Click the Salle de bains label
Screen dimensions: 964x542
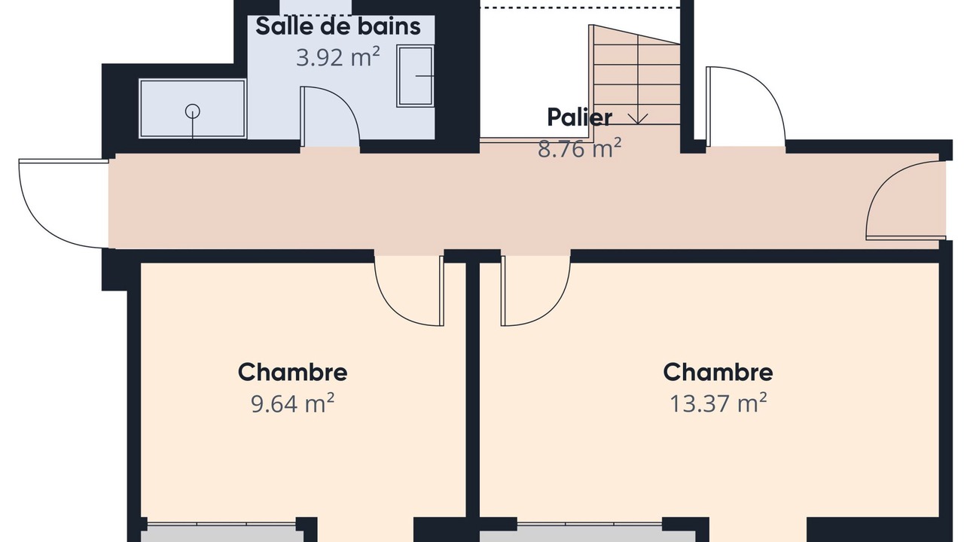(338, 26)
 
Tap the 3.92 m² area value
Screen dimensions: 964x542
(338, 57)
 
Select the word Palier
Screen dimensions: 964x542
(579, 117)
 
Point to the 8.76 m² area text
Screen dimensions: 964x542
(579, 149)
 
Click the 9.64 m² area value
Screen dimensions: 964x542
(293, 403)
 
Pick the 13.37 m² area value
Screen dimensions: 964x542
(718, 403)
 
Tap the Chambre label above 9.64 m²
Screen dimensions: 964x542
(293, 372)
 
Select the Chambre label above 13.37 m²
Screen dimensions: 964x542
(718, 372)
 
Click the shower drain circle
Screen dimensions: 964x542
(192, 111)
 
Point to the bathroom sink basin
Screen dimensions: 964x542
(415, 76)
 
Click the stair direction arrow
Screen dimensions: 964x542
(638, 119)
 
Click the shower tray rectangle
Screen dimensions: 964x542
(192, 109)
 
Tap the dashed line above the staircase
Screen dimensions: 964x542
(580, 8)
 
